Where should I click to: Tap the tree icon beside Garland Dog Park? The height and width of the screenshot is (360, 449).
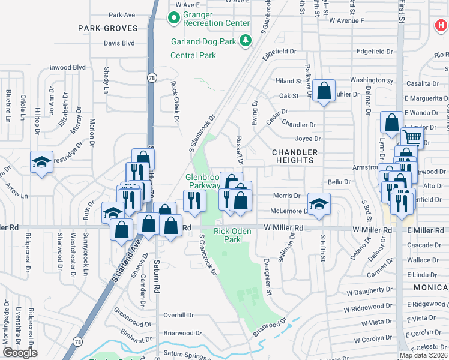(x=245, y=40)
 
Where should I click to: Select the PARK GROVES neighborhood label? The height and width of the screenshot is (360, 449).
(x=107, y=28)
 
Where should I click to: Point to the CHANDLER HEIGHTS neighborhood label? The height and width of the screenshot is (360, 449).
(x=295, y=157)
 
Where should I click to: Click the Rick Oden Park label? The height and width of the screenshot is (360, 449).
(x=228, y=235)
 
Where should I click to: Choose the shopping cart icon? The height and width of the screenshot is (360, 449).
(x=412, y=137)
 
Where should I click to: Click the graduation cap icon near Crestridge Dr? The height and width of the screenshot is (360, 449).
(x=41, y=161)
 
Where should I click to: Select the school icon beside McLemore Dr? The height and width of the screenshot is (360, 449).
(x=319, y=204)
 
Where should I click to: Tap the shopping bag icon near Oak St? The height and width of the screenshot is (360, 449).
(x=324, y=91)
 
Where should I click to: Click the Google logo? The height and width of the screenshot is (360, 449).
(x=20, y=353)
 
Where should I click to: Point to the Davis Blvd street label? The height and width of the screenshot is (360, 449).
(x=119, y=43)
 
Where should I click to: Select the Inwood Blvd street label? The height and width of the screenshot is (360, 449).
(x=67, y=67)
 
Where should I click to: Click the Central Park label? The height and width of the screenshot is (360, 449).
(x=193, y=55)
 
